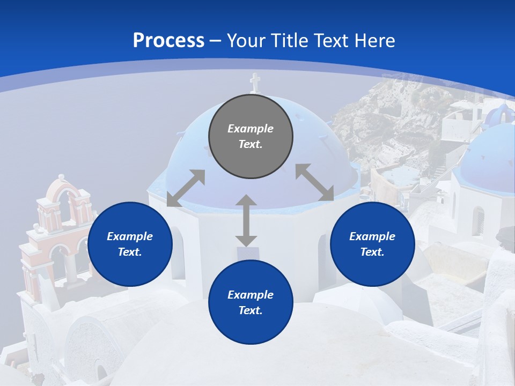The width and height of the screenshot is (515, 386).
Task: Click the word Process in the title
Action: coord(168,41)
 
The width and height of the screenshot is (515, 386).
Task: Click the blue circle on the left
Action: coord(130,244)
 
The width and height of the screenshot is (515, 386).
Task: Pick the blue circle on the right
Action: coord(372,244)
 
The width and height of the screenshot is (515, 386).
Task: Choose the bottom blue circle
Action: coord(251,302)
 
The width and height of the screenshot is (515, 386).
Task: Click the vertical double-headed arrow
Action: coord(246,220)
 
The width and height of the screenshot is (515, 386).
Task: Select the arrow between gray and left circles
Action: coord(186,188)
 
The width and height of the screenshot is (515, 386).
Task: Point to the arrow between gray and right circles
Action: coord(314,182)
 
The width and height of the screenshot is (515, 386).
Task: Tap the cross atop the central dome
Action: coord(255,83)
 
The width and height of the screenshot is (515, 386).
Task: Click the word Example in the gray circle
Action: coord(251,129)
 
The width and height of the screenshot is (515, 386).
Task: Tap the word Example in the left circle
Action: coord(130,236)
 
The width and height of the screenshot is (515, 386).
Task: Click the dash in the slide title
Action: coord(216,41)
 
